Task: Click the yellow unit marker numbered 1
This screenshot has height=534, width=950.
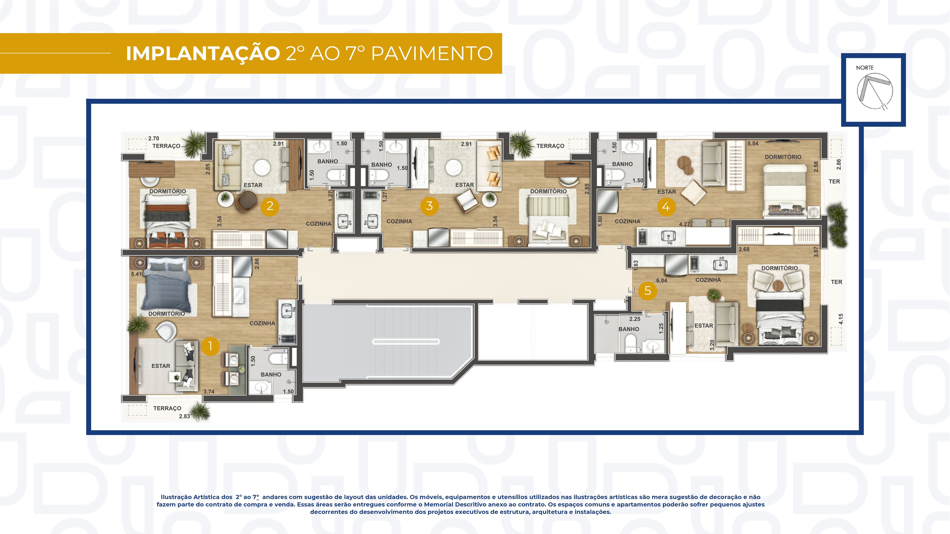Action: [210, 346]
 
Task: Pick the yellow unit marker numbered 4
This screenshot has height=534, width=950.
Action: [666, 207]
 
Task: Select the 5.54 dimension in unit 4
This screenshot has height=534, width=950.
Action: [753, 143]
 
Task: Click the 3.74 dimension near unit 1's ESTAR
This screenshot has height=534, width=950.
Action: [209, 391]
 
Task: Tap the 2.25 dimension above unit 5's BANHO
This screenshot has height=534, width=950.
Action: [635, 319]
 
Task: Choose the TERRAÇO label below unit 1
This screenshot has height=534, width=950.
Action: [167, 408]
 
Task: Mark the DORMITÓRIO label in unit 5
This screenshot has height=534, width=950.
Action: [779, 268]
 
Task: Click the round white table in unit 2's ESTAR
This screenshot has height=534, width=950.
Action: [262, 168]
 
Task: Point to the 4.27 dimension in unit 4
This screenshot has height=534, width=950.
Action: [684, 224]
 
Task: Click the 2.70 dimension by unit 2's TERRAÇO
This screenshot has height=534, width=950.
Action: [153, 139]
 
